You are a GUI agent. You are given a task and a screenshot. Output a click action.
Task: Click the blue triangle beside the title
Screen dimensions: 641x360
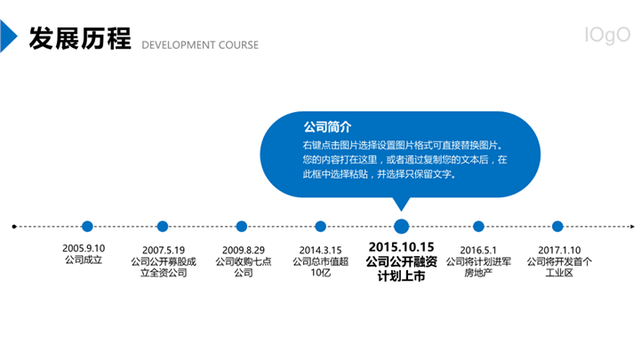click(7, 36)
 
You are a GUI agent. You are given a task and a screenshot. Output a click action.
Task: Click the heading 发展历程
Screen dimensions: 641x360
click(80, 38)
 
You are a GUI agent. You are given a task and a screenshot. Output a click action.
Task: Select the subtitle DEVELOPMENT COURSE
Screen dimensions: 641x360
click(200, 45)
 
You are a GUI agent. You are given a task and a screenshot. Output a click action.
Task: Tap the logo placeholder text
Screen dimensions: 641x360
click(607, 36)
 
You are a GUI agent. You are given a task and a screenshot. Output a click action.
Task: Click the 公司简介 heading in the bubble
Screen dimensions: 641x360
click(327, 127)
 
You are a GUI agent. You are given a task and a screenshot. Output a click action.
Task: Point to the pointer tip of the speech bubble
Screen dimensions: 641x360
click(402, 211)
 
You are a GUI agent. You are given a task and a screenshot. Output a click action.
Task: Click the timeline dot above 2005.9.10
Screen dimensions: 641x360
click(87, 226)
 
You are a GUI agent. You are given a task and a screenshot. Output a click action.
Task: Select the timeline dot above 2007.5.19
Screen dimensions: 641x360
click(163, 226)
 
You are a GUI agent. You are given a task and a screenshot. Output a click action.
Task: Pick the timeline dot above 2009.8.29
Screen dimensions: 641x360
click(242, 226)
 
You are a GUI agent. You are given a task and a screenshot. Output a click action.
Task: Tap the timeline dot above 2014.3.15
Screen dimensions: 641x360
click(320, 226)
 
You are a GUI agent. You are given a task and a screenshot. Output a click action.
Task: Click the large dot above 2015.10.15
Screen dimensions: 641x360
click(402, 226)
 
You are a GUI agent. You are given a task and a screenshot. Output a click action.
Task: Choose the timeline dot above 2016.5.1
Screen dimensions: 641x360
click(478, 226)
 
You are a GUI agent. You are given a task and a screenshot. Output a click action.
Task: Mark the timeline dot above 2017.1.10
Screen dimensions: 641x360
click(557, 226)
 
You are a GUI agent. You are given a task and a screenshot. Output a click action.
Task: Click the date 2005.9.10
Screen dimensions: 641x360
click(84, 248)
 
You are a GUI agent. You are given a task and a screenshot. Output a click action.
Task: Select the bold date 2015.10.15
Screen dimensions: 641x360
click(402, 247)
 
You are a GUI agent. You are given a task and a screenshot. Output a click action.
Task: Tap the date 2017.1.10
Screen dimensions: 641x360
click(559, 250)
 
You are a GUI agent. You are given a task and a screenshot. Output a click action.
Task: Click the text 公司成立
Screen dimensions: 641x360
click(84, 260)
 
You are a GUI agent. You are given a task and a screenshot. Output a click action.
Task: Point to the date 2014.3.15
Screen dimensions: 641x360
click(320, 250)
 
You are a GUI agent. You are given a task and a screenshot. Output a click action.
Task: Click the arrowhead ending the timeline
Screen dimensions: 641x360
click(632, 226)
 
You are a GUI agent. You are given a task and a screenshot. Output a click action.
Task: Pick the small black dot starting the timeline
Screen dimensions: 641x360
click(14, 227)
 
